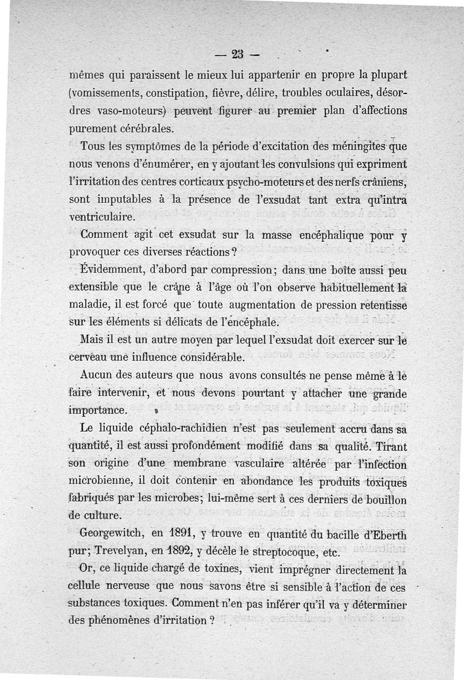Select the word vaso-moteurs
(128, 110)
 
